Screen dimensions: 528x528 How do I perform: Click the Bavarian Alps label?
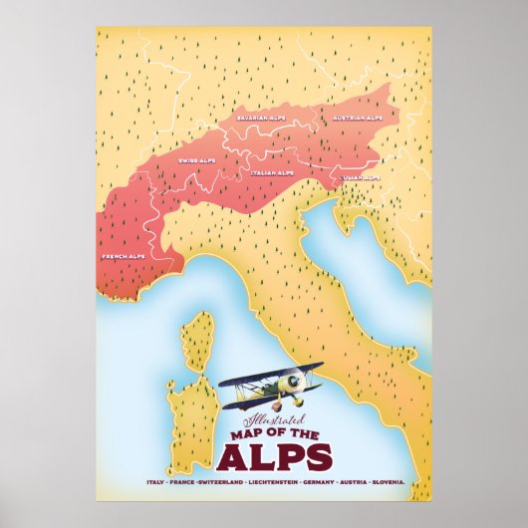coord(259,118)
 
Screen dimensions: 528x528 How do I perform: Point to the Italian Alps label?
coord(271,172)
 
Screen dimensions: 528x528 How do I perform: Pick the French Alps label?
coord(123,256)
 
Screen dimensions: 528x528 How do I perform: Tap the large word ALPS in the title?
coord(273,456)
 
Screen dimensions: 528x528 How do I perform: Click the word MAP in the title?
coord(241,433)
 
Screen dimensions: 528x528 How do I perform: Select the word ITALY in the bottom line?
coord(154,482)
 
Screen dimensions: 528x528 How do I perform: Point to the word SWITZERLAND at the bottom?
coord(228,482)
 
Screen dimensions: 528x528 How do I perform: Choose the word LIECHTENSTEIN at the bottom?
coord(283,482)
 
